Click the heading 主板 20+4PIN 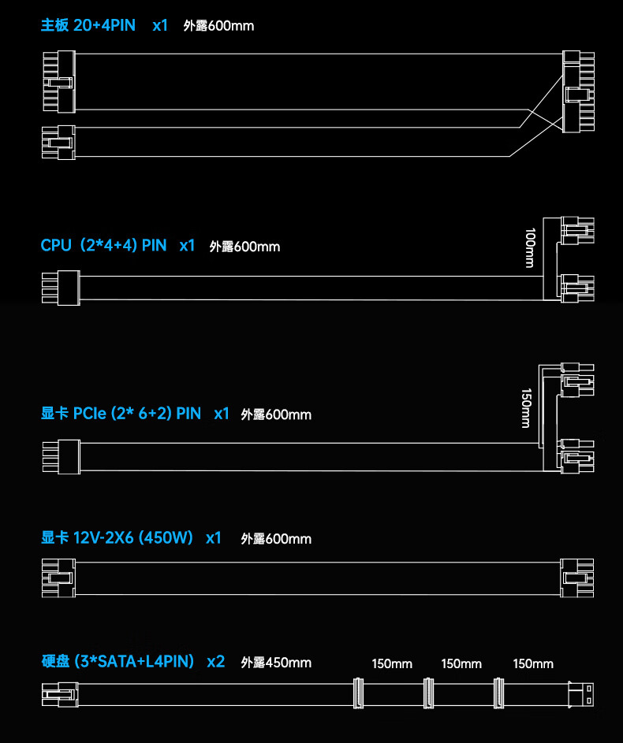[x=88, y=25]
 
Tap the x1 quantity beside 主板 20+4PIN [x=160, y=25]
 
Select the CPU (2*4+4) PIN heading [x=103, y=245]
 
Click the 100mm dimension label [x=530, y=247]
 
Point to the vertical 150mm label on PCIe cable [x=526, y=408]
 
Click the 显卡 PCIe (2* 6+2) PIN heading [x=121, y=413]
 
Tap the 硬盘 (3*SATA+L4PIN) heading [x=118, y=662]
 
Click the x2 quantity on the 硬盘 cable [x=215, y=662]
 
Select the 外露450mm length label [x=276, y=663]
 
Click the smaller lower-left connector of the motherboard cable [x=58, y=142]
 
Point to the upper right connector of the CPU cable [x=576, y=229]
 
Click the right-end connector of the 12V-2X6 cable [x=576, y=578]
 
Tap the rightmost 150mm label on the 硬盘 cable [x=533, y=663]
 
